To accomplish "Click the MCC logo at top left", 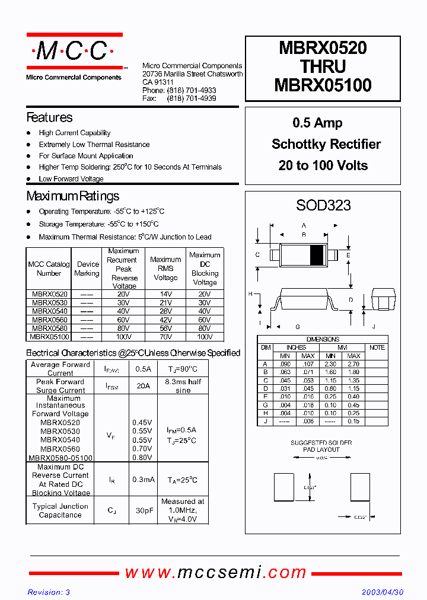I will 74,52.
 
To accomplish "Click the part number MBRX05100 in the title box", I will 323,85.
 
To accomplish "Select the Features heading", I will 49,117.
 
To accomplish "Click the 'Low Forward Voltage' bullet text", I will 71,178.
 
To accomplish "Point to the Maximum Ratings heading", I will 72,196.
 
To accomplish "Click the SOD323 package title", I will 323,206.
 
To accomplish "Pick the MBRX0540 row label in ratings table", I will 49,311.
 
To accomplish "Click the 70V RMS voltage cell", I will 165,337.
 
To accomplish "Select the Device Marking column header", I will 87,269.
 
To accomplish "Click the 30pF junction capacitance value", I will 142,510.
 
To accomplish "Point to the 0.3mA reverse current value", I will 142,480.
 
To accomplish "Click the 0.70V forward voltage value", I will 142,449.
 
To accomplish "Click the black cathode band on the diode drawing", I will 317,254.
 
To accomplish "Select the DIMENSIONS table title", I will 323,339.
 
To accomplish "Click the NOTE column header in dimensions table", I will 377,347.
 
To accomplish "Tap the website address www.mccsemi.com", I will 215,572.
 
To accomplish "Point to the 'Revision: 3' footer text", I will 49,592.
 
